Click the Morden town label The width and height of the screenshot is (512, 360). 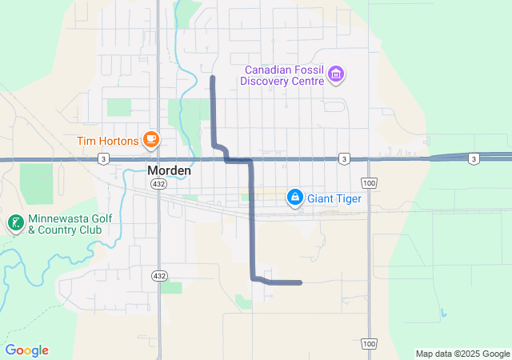[x=168, y=170]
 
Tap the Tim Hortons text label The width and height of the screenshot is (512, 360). [x=108, y=142]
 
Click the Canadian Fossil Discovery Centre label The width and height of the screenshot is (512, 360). [x=283, y=75]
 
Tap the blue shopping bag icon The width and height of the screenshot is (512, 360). [x=295, y=197]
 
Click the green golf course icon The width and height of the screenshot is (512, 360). [x=14, y=223]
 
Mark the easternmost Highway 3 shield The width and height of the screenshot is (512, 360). [x=474, y=159]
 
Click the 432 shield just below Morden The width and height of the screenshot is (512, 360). [x=158, y=184]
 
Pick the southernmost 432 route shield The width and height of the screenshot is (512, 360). [x=158, y=275]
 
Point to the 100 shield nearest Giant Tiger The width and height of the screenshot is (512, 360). [x=369, y=183]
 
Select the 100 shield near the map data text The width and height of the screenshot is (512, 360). [x=369, y=343]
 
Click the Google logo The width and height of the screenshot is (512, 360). [x=27, y=350]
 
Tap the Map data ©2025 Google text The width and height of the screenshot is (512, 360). [x=462, y=354]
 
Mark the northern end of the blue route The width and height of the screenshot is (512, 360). [x=212, y=78]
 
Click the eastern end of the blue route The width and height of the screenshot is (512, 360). [x=300, y=282]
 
